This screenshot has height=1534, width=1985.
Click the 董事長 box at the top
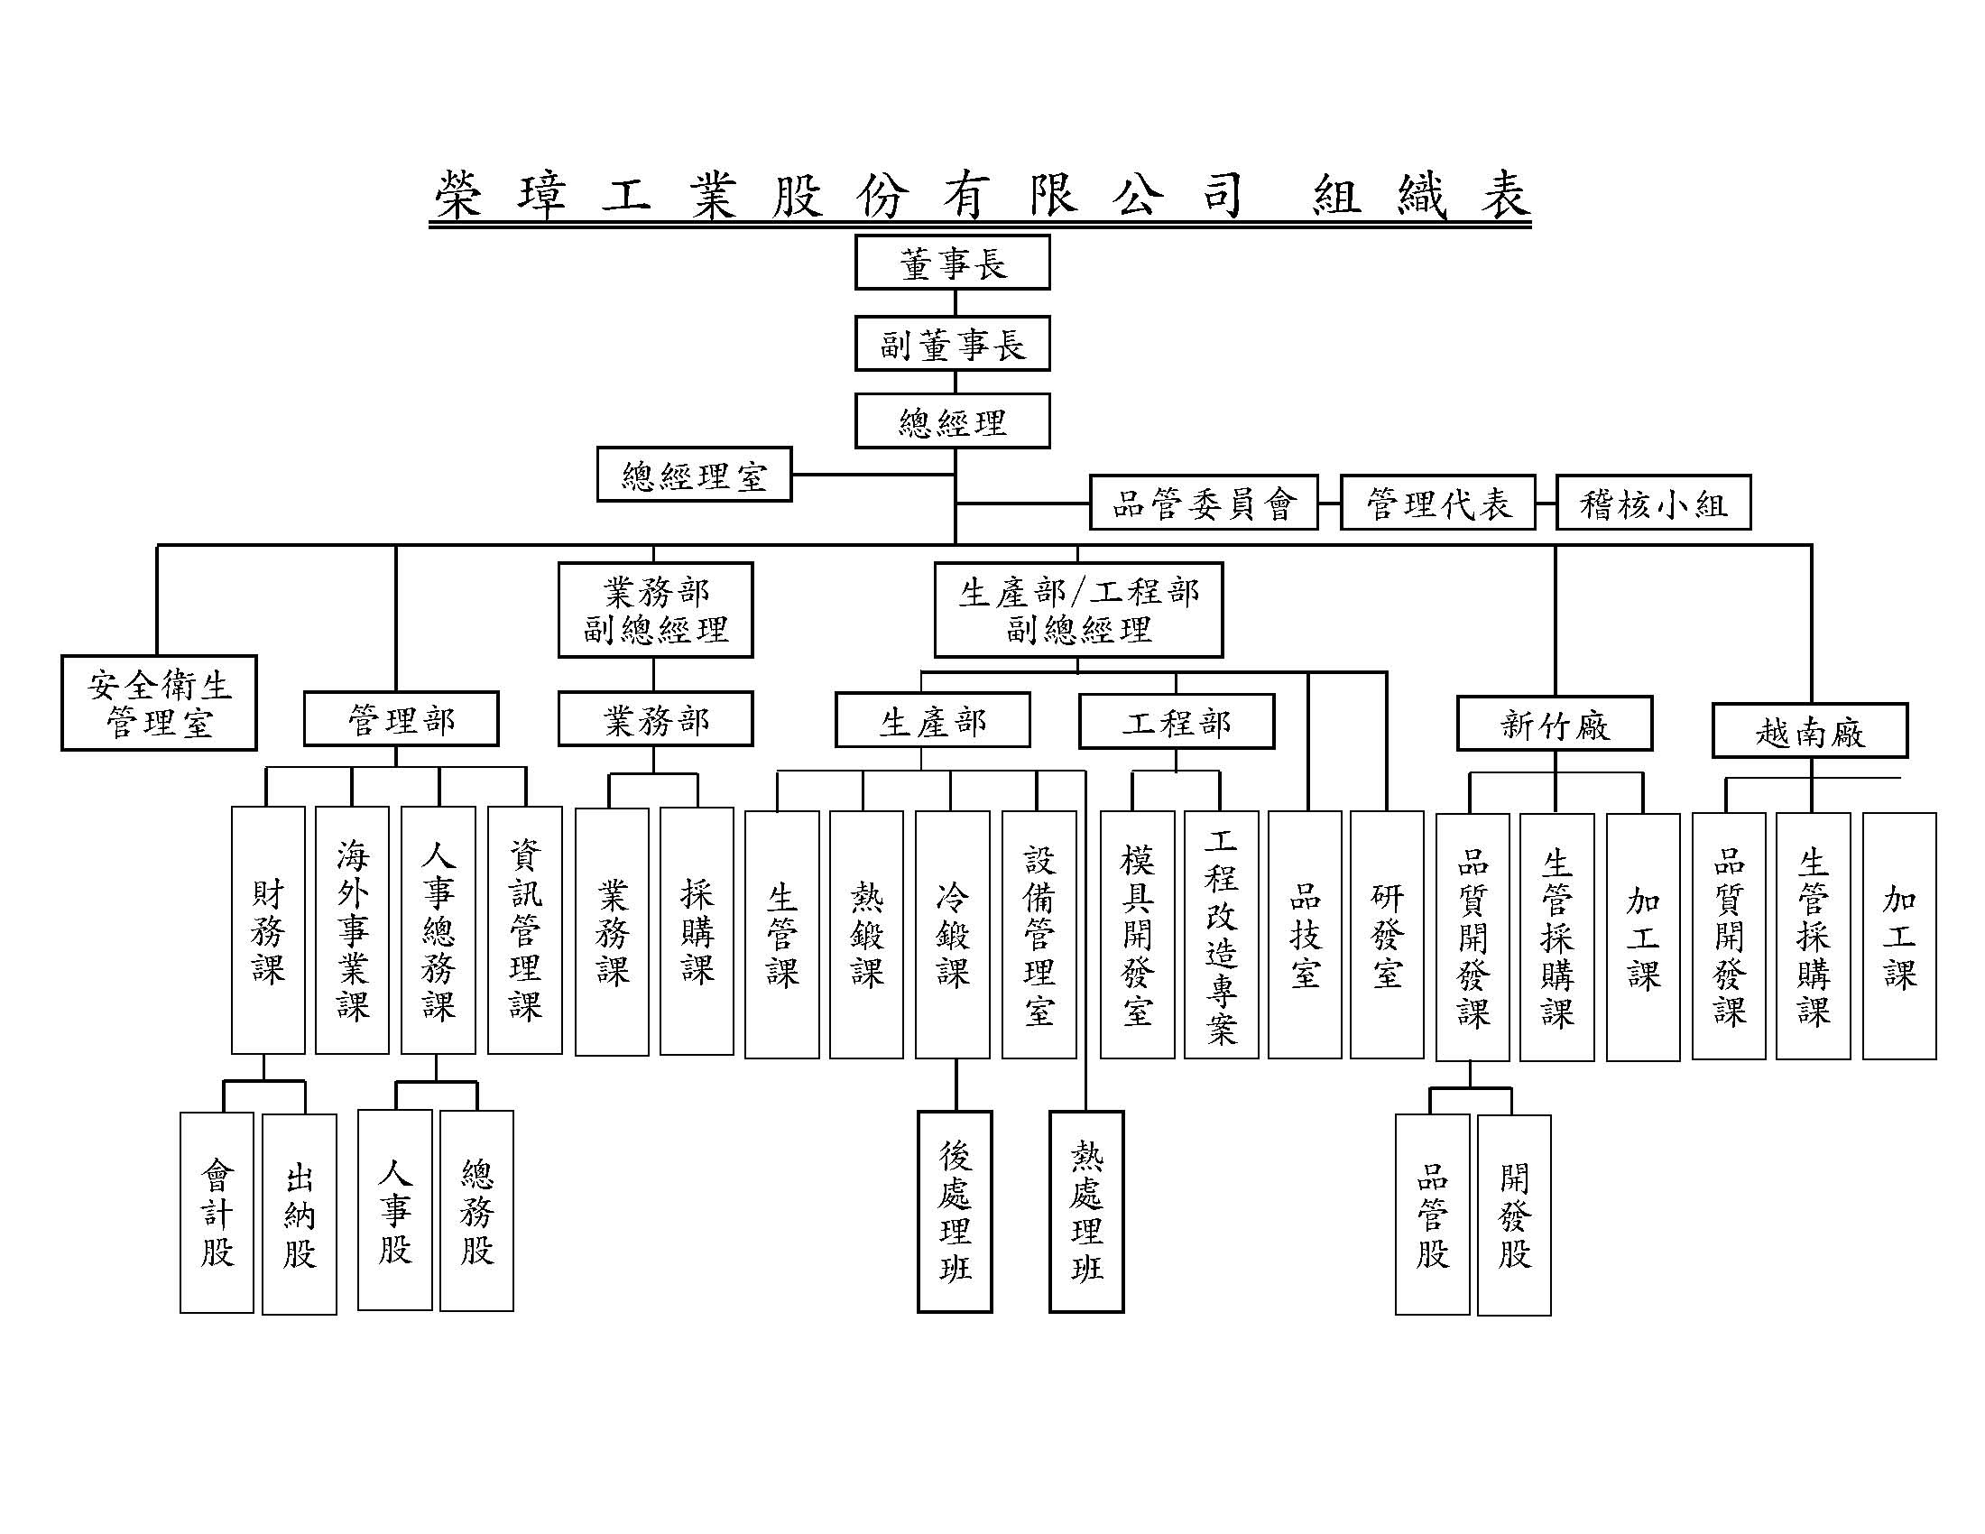tap(953, 263)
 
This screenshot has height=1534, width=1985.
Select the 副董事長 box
tap(953, 344)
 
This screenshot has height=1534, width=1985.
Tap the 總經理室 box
tap(695, 475)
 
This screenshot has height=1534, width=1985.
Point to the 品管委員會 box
tap(1204, 503)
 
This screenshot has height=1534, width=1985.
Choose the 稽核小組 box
tap(1653, 503)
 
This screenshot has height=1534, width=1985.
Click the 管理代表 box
tap(1438, 503)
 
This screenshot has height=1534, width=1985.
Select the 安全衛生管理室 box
tap(159, 704)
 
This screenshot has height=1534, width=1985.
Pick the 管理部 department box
tap(401, 720)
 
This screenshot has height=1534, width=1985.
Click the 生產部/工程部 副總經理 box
tap(1079, 610)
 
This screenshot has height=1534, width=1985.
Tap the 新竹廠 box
tap(1555, 725)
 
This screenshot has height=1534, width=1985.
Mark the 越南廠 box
tap(1810, 731)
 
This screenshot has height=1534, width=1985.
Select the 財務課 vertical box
tap(268, 930)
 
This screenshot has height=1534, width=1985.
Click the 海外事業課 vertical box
tap(353, 930)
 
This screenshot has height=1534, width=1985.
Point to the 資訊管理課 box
tap(524, 930)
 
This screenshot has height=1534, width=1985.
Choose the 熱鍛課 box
tap(866, 934)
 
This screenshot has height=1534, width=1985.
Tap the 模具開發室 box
tap(1137, 934)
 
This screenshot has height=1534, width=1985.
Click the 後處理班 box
tap(955, 1211)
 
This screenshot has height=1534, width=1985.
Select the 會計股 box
tap(217, 1212)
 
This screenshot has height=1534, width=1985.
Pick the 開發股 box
tap(1514, 1215)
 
